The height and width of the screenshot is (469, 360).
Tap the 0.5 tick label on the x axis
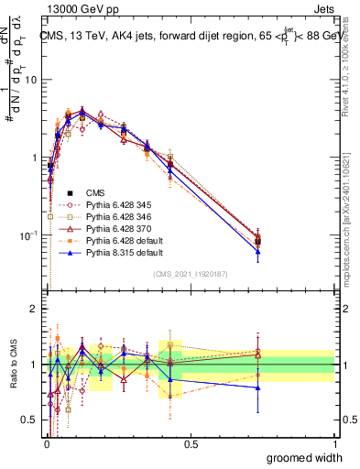191,443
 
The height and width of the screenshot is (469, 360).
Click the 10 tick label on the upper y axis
29,80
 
